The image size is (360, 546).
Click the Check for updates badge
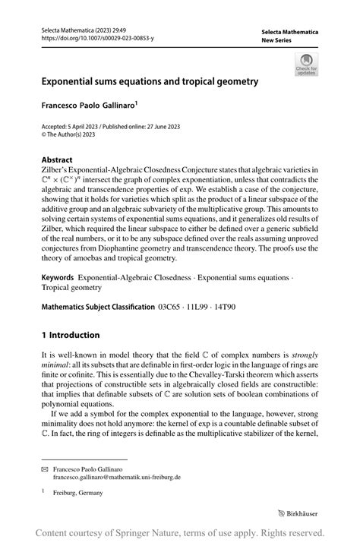click(x=307, y=64)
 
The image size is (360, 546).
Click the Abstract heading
click(x=57, y=160)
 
